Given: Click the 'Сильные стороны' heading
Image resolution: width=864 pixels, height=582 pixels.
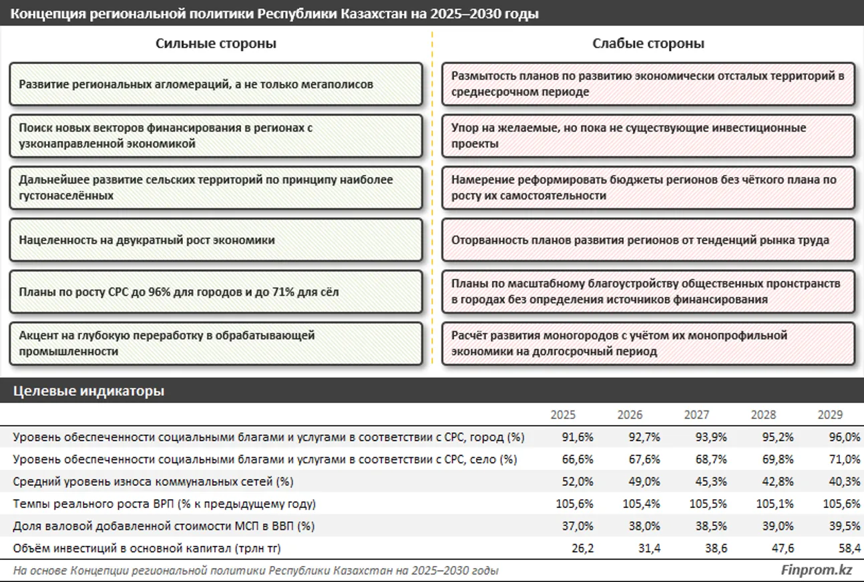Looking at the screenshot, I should coord(216,44).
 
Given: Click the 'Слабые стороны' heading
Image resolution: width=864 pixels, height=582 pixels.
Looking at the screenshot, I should coord(648,44).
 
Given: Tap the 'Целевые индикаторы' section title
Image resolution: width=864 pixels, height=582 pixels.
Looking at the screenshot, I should coord(89,391).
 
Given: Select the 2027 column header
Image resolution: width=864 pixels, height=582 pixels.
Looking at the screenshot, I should coord(696,415).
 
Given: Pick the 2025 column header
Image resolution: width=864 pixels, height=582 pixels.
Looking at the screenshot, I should coord(563,415).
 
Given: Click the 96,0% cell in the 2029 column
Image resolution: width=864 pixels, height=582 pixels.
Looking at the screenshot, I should coord(844,438).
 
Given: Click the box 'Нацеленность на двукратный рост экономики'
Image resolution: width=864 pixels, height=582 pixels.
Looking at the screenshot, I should coord(216,240).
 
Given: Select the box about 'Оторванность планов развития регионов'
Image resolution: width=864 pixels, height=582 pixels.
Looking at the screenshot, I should coord(648,240).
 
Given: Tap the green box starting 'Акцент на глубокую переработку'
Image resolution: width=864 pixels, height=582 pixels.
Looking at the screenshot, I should coord(216,344).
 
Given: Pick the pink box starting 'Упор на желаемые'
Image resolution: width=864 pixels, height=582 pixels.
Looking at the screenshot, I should coord(648,135).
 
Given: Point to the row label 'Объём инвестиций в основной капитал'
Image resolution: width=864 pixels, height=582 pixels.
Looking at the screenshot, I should coord(147,549).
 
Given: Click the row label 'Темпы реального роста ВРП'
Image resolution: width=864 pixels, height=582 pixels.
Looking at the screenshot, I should coord(164,504).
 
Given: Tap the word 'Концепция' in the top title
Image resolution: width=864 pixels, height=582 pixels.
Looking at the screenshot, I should coord(43,13).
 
